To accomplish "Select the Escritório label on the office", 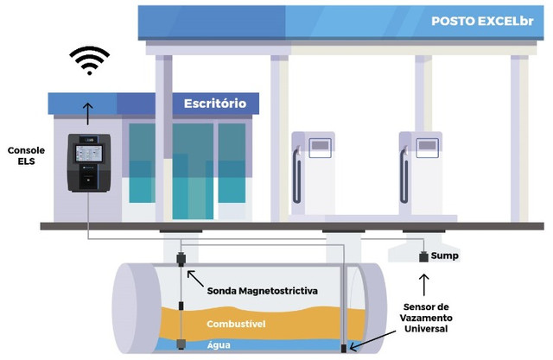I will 215,104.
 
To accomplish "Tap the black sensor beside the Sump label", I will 423,257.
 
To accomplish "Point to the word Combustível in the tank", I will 234,324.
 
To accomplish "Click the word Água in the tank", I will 218,344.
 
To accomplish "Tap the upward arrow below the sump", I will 423,284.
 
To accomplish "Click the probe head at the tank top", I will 181,259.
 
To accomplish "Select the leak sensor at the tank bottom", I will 343,349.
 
